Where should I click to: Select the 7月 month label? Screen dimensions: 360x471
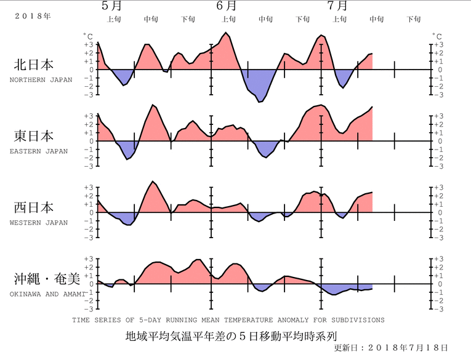click(337, 6)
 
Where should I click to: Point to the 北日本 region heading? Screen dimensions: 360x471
click(34, 65)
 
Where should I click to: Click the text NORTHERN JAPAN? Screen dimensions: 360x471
click(41, 80)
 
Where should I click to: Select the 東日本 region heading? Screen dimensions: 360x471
click(34, 136)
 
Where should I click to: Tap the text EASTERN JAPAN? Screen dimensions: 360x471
click(39, 151)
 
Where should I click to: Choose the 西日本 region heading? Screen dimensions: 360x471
click(34, 207)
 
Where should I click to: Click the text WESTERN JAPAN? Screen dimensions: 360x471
click(39, 223)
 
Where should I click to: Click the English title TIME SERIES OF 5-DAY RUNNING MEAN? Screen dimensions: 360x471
click(228, 320)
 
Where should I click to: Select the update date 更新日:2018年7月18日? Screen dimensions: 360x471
click(390, 348)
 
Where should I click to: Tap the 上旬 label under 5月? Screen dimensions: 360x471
click(114, 20)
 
